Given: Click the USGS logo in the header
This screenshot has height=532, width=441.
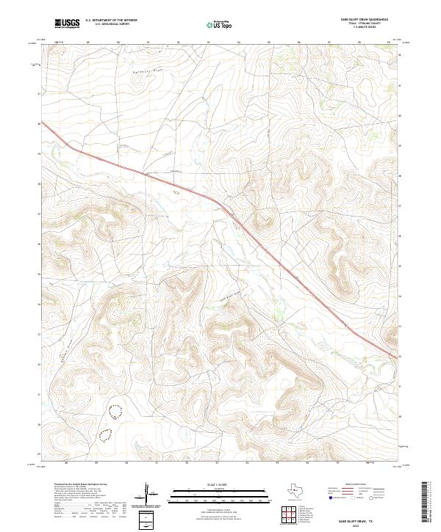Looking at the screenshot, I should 67,23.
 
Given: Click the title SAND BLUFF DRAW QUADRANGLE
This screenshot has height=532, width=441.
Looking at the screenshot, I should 364,19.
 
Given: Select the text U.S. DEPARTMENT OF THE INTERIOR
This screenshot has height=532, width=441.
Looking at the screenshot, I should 111,20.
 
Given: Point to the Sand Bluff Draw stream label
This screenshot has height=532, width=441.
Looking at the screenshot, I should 230,294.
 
